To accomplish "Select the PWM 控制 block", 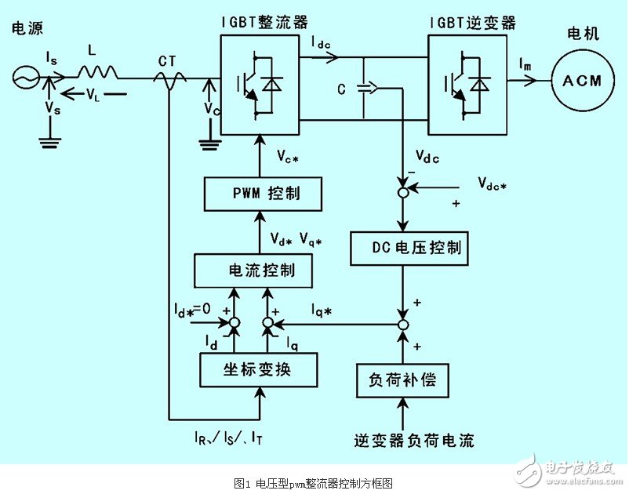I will pos(263,193).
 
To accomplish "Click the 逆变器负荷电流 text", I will pos(414,440).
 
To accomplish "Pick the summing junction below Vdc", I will pos(402,191).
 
